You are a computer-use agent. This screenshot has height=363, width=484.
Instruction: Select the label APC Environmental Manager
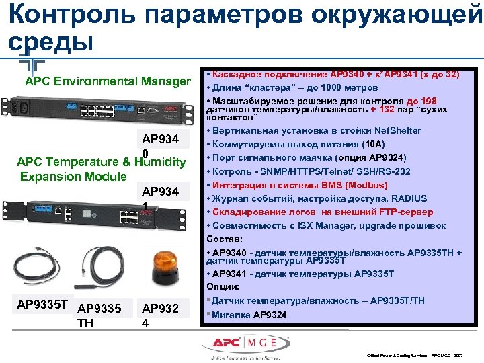pyautogui.click(x=108, y=81)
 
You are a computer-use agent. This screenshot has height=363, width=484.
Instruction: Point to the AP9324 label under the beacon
pyautogui.click(x=159, y=315)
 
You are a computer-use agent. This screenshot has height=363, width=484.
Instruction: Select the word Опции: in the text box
pyautogui.click(x=223, y=287)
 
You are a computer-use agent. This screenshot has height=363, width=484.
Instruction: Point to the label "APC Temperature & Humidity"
pyautogui.click(x=101, y=162)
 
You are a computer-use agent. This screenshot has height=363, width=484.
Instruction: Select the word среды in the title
pyautogui.click(x=48, y=43)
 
